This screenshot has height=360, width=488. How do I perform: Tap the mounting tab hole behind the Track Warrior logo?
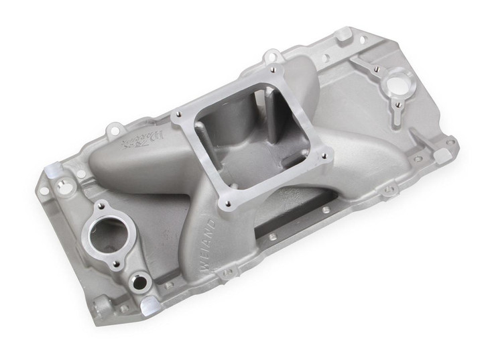[x=115, y=126]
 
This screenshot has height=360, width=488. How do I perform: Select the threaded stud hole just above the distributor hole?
[x=377, y=69]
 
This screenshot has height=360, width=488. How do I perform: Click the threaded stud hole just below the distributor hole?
[x=398, y=105]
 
